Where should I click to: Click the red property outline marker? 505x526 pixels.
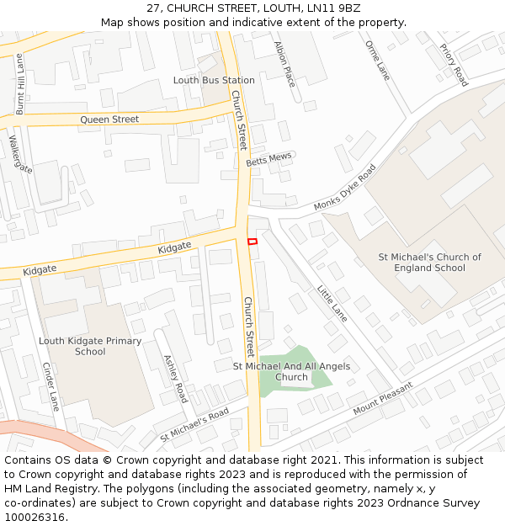[252, 242]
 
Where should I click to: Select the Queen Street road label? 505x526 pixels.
[109, 120]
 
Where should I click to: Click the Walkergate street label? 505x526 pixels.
[20, 155]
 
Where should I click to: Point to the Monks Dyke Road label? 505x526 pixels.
[345, 188]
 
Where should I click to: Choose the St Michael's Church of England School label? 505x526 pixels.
[429, 263]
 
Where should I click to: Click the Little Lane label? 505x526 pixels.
[332, 302]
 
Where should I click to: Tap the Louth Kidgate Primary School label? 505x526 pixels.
[90, 346]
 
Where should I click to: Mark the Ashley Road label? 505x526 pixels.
[175, 378]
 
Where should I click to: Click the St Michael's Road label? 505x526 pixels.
[194, 426]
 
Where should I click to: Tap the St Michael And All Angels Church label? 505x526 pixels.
[291, 371]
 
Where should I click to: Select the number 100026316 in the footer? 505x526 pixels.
[35, 517]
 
